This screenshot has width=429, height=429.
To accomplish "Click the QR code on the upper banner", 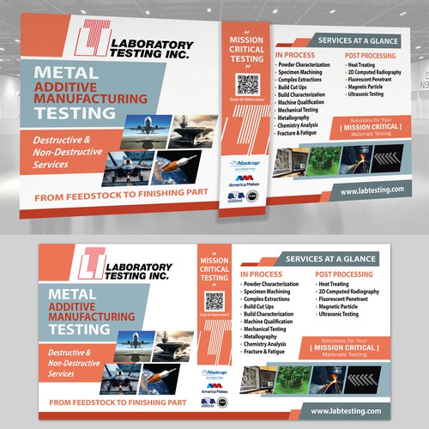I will (x=247, y=84).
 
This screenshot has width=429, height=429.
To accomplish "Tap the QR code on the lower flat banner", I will (x=214, y=300).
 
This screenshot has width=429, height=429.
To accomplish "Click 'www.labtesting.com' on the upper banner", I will (x=371, y=191).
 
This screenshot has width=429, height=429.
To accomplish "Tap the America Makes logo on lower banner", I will (x=214, y=390).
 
